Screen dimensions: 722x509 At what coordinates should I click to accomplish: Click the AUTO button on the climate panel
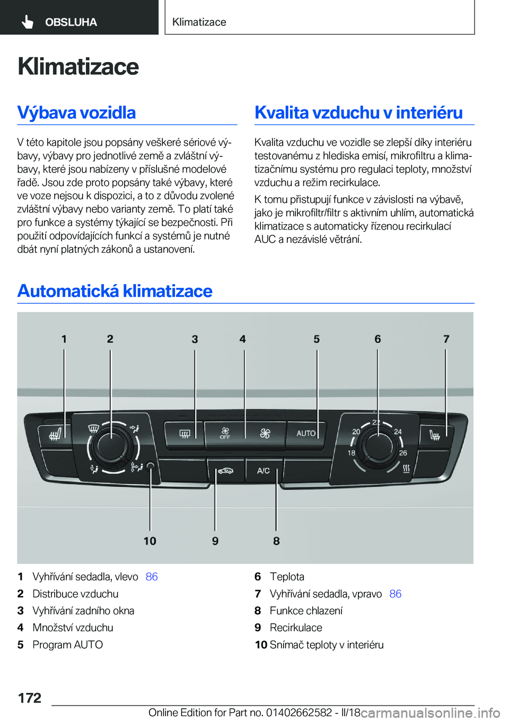tap(306, 434)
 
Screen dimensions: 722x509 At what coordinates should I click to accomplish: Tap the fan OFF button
tap(225, 434)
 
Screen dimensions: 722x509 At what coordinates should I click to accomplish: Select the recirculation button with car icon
tap(225, 471)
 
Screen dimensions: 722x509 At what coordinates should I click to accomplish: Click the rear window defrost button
tap(184, 434)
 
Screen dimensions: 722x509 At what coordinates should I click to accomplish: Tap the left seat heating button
tap(54, 435)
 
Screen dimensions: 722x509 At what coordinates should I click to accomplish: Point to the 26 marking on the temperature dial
tap(403, 453)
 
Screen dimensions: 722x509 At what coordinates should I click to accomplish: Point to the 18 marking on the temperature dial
tap(352, 453)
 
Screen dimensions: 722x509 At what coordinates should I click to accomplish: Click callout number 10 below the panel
tap(150, 541)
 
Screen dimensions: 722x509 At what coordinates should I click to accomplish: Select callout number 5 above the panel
tap(317, 339)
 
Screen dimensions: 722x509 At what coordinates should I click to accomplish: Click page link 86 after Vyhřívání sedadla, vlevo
tap(152, 577)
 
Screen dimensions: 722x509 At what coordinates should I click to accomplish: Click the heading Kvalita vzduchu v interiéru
tap(358, 112)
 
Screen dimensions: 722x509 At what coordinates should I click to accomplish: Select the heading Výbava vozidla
tap(76, 112)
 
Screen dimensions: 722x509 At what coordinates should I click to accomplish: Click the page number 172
tap(30, 698)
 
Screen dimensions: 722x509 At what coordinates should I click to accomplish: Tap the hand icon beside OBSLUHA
tap(28, 22)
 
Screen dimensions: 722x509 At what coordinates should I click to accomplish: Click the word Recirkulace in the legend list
tap(296, 628)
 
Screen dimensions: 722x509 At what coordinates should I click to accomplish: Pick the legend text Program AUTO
tap(67, 645)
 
